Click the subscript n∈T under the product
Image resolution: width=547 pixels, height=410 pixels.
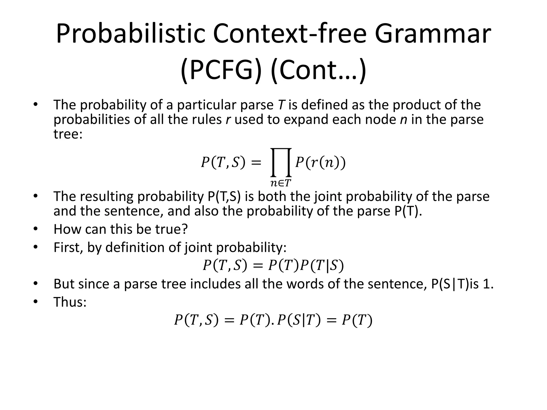(x=280, y=183)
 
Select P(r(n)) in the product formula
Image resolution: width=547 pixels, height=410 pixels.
(x=321, y=162)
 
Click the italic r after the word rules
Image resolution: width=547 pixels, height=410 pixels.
(x=228, y=119)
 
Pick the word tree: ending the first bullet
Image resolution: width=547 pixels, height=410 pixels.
(x=68, y=134)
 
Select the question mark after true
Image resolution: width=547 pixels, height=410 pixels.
(x=185, y=229)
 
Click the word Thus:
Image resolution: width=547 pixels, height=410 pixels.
(x=70, y=302)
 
